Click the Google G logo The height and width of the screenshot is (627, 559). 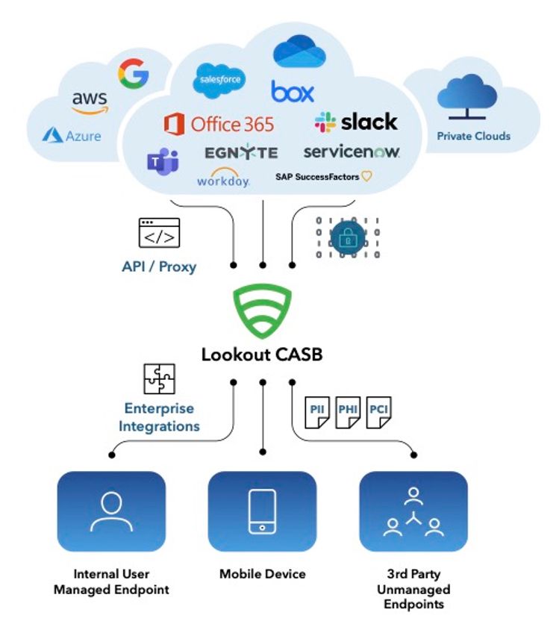133,73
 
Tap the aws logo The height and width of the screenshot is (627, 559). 90,103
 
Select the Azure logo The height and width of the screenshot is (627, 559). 72,136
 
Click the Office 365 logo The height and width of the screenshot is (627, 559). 219,123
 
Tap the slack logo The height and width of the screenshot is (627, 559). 356,122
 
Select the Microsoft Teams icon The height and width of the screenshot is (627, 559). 163,161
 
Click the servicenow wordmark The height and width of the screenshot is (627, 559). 352,152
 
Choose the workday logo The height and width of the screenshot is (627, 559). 222,178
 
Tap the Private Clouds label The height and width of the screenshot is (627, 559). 473,136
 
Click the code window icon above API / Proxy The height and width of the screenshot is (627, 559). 159,233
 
